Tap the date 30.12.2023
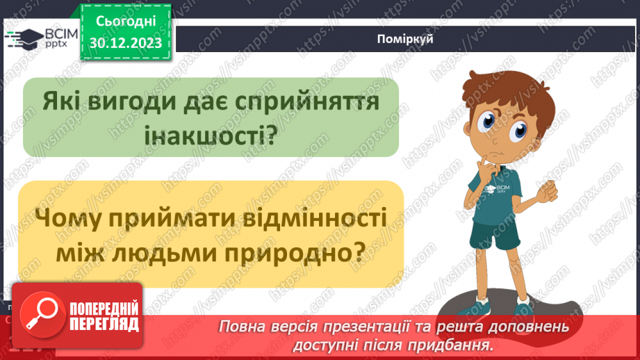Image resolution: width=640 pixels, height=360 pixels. [x=125, y=43]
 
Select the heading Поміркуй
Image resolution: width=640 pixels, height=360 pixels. [x=406, y=39]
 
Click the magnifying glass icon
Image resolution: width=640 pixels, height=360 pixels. [x=39, y=316]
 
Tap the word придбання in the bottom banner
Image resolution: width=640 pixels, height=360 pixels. [x=452, y=344]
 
